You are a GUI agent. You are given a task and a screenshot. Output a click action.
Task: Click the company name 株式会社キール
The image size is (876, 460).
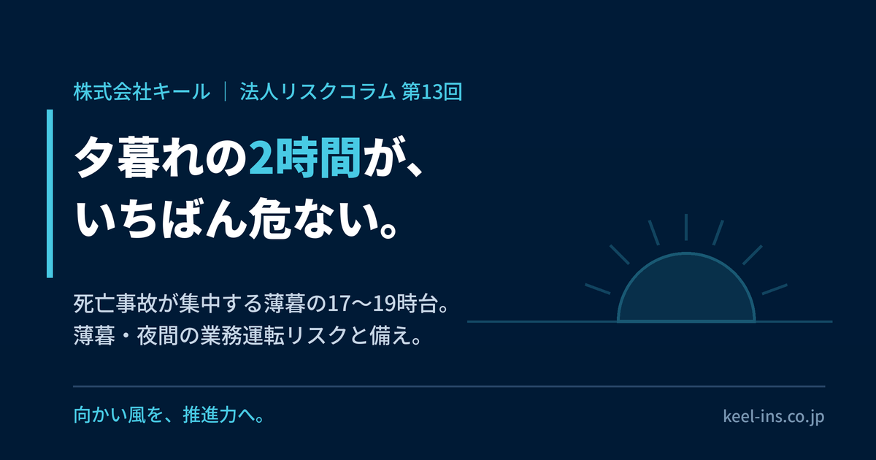coord(142,92)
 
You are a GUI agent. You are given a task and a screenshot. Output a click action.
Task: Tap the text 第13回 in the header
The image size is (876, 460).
coord(432,92)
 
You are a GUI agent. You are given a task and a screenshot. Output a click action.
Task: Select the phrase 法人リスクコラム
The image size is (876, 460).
coord(318,92)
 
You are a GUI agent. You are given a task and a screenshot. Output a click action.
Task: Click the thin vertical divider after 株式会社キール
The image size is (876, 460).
coord(226,92)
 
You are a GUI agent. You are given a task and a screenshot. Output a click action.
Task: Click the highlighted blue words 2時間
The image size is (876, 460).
coord(304,157)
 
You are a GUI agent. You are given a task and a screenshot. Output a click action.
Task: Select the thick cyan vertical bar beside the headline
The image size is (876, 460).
coord(50,193)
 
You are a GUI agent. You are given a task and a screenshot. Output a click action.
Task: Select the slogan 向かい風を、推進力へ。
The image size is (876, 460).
coord(169,415)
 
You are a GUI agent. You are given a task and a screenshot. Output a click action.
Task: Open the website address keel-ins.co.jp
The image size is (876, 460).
coord(774,415)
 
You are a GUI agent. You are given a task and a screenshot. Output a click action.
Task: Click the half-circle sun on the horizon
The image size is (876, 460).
coord(686,289)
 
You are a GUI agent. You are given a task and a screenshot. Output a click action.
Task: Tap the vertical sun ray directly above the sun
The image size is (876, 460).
coord(686,227)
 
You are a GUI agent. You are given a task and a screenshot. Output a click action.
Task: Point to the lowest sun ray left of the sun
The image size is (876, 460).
coord(598,289)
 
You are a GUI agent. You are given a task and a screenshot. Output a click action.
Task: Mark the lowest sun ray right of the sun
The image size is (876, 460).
coord(775,289)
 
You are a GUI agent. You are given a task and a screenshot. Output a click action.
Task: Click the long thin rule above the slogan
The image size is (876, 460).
coord(449,386)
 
